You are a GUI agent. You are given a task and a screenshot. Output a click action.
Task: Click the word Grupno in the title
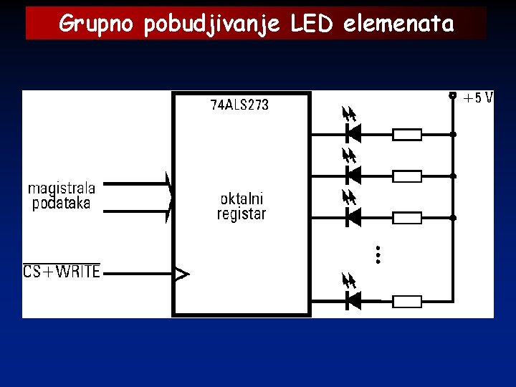tap(98, 24)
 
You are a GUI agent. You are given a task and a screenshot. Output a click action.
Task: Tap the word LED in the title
tap(312, 24)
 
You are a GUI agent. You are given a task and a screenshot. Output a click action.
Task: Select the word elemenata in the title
tap(398, 24)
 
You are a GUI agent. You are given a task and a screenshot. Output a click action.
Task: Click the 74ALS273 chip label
tap(239, 105)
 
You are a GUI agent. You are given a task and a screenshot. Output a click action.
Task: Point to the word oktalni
tap(242, 199)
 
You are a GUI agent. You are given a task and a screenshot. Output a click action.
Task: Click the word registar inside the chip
tap(242, 214)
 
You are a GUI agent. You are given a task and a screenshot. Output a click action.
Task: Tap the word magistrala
tap(62, 188)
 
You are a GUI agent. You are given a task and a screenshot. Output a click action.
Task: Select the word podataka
tap(62, 204)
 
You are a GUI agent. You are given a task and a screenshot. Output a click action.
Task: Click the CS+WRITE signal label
tap(62, 272)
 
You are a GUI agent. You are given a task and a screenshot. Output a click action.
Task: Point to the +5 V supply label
tap(478, 98)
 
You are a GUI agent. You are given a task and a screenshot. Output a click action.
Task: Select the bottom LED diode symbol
tap(353, 301)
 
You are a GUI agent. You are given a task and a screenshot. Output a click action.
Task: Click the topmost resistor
tap(407, 134)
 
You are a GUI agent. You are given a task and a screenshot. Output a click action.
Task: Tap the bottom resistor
tap(407, 302)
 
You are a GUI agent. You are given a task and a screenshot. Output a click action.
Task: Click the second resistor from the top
tap(407, 176)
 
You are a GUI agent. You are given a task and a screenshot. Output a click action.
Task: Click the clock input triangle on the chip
tap(183, 273)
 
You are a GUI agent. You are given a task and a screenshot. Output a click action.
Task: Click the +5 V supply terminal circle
tap(452, 95)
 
